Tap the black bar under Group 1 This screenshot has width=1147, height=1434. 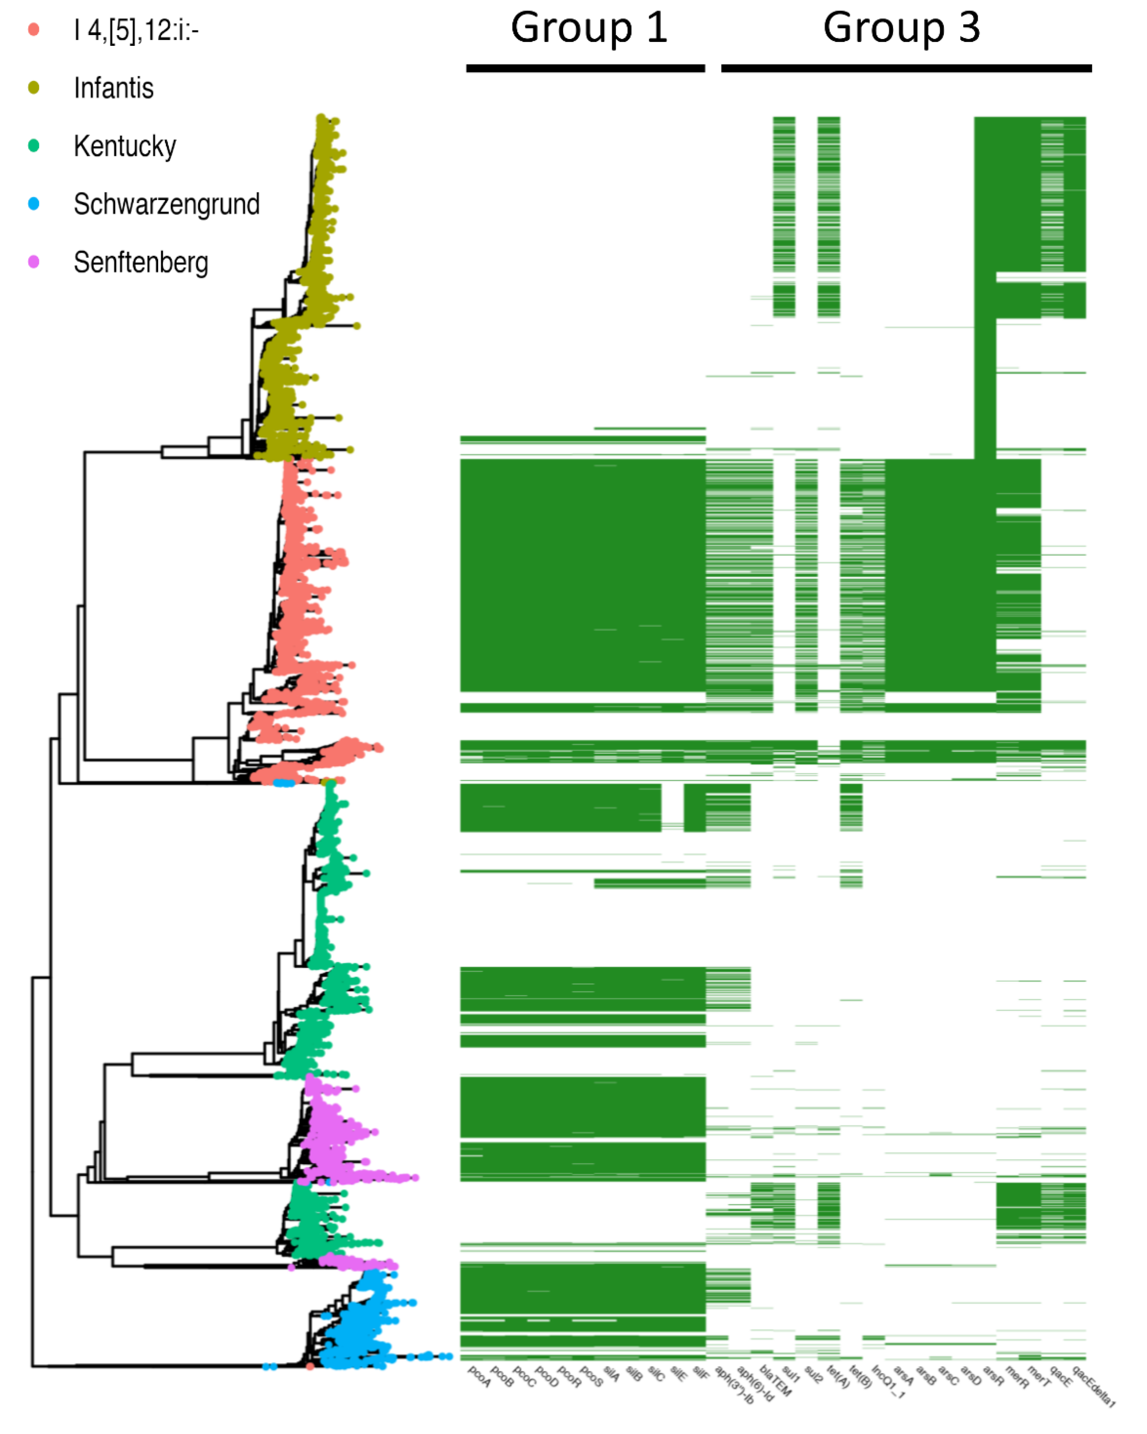585,68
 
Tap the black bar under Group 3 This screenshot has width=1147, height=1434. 906,68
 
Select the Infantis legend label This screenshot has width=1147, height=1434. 114,88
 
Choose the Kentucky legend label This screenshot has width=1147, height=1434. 125,146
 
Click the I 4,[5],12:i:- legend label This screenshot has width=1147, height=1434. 136,30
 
